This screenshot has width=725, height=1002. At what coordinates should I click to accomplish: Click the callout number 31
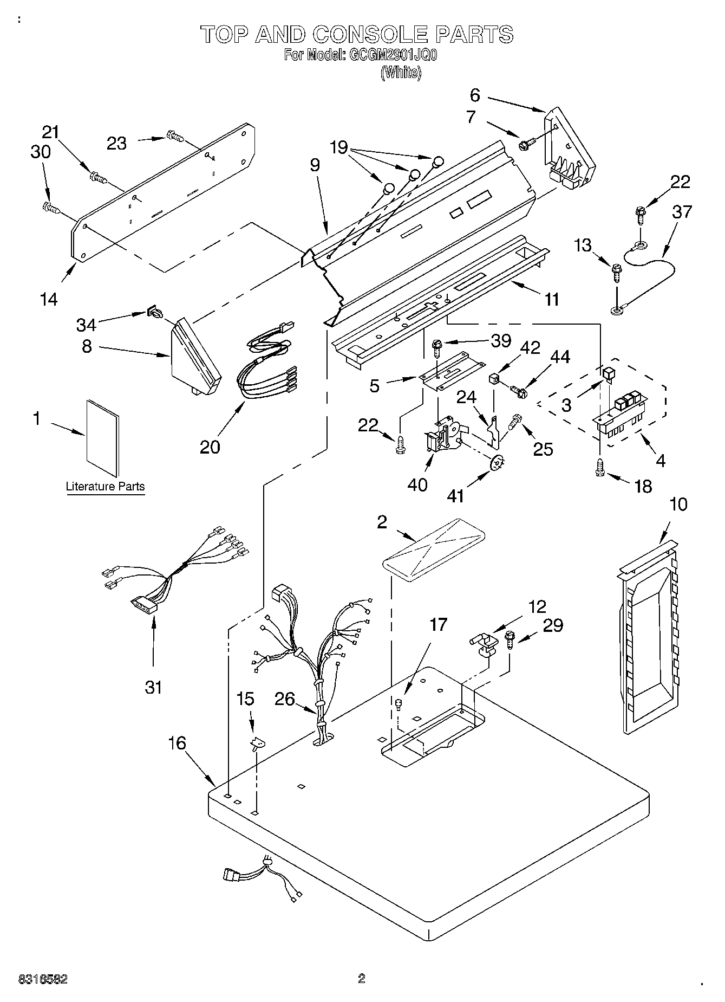tap(154, 687)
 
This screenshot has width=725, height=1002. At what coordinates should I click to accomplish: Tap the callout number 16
tap(177, 743)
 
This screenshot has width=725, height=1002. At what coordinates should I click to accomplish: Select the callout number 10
tap(678, 504)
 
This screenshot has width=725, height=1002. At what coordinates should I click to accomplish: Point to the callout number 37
tap(682, 211)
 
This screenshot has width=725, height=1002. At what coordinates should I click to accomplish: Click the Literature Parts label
tap(106, 486)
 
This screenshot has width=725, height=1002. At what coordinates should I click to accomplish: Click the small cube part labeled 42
tap(493, 378)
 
